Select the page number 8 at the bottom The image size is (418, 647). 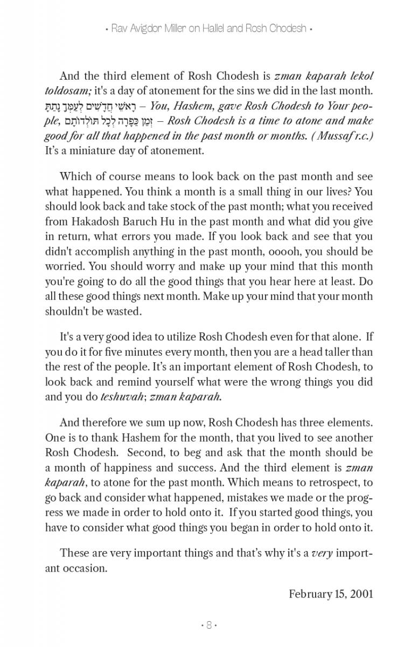(208, 625)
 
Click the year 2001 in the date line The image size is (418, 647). (361, 594)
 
